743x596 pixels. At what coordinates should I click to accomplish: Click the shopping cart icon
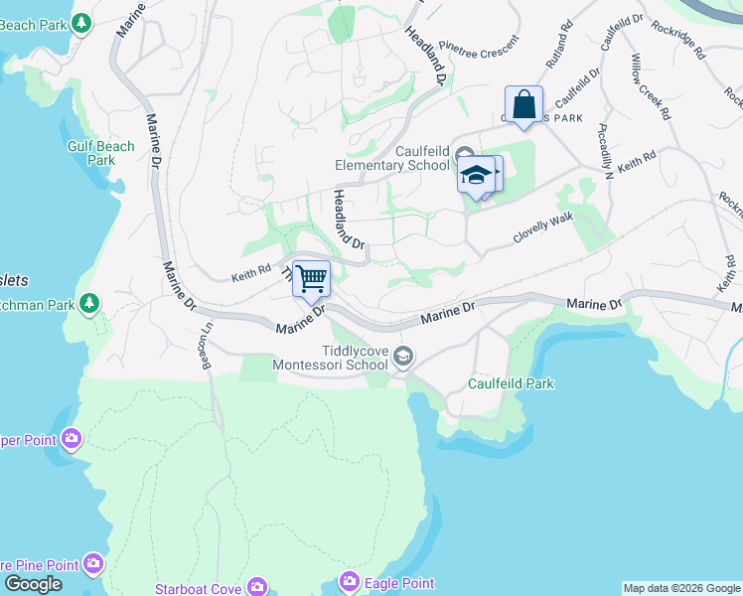[x=311, y=278]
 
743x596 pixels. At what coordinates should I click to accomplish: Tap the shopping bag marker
[x=523, y=103]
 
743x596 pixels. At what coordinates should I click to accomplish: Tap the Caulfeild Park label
[x=512, y=383]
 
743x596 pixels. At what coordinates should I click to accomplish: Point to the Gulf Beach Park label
[x=100, y=153]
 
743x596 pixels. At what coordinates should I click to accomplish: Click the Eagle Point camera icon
[x=349, y=581]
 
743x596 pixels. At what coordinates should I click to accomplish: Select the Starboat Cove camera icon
[x=257, y=588]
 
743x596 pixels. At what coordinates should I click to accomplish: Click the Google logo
[x=32, y=584]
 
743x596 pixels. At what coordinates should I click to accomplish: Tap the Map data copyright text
[x=681, y=588]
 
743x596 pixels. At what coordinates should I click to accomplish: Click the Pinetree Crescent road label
[x=479, y=47]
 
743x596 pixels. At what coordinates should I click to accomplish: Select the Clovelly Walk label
[x=543, y=231]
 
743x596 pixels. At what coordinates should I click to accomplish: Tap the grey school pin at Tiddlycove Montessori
[x=403, y=356]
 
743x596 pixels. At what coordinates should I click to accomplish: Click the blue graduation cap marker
[x=477, y=175]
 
